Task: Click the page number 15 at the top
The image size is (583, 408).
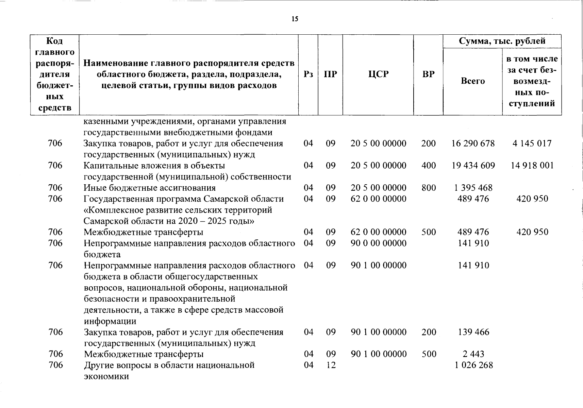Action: click(295, 19)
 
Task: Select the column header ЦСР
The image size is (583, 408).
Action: click(378, 74)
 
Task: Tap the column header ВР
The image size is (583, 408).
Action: click(428, 74)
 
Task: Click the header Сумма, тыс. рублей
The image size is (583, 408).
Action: click(502, 41)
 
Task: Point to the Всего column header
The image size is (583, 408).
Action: click(473, 81)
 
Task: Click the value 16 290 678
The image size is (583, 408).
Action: click(473, 143)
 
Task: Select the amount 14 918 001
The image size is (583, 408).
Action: click(532, 166)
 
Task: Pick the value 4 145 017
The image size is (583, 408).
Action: click(532, 143)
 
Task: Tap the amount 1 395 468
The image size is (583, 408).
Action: click(473, 188)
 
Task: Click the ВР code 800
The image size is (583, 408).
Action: click(429, 188)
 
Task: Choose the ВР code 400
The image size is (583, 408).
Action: click(429, 166)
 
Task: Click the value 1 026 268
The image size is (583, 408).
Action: click(473, 365)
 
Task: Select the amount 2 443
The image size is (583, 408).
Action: click(473, 354)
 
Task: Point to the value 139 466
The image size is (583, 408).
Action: click(473, 332)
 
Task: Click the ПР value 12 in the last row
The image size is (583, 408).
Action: click(331, 365)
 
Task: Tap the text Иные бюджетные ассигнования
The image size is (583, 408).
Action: click(150, 188)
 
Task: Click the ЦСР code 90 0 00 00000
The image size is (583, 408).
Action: click(379, 243)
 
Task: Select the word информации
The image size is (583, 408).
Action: click(110, 321)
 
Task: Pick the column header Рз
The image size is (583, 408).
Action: click(308, 74)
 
